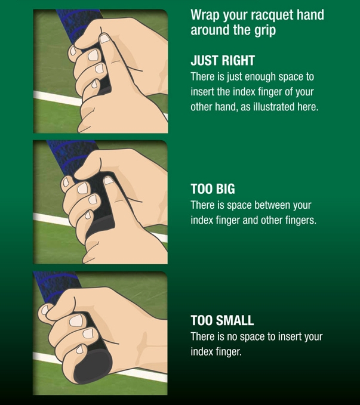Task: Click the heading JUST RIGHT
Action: tap(223, 60)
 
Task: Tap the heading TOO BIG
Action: tap(213, 189)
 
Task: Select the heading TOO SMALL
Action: tap(222, 320)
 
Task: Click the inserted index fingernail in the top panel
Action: tap(104, 39)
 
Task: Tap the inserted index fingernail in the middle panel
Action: tap(109, 181)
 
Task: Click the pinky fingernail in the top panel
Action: tap(95, 84)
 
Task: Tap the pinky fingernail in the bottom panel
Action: tap(80, 349)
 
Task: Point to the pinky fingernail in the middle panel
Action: tap(88, 215)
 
